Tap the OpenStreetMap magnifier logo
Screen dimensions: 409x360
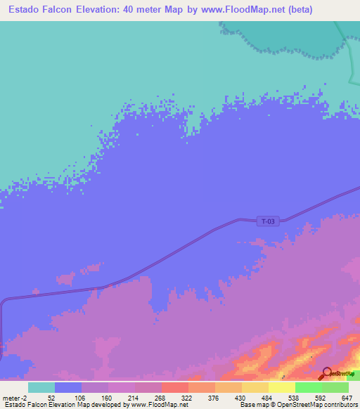[x=328, y=373]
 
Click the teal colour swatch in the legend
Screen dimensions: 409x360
[x=41, y=387]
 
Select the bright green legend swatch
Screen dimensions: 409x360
[x=308, y=387]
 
